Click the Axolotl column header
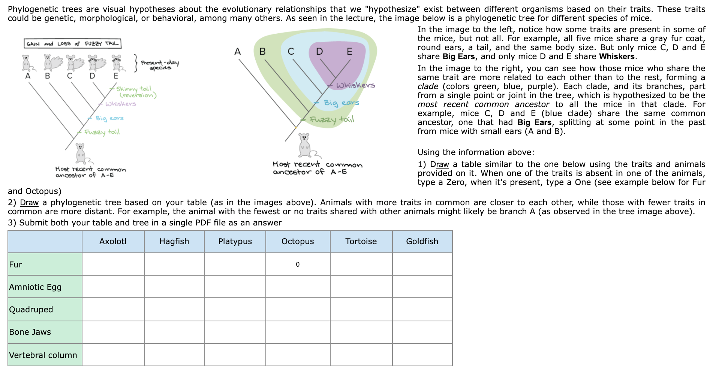coord(113,242)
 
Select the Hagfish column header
coord(174,242)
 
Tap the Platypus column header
coord(235,242)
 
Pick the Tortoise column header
coord(361,242)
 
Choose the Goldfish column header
coord(422,242)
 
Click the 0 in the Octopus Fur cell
coord(298,264)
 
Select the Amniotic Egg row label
coord(35,287)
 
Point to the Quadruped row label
coord(31,310)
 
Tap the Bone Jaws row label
coord(30,332)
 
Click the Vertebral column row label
coord(43,355)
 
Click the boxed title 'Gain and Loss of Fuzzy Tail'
coord(72,44)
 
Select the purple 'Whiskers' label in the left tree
coord(121,104)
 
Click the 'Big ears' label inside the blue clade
coord(341,103)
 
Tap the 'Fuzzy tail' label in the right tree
coord(332,119)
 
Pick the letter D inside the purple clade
coord(319,51)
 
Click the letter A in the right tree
coord(237,52)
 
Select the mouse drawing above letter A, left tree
coord(26,63)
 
